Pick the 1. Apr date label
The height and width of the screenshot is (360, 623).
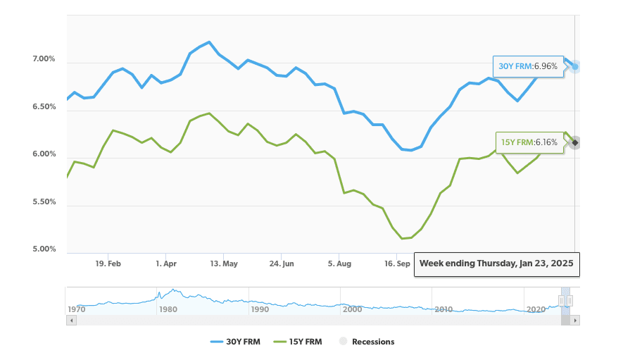coord(165,263)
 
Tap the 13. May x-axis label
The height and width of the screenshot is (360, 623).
coord(223,263)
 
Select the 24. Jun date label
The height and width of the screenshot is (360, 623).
coord(281,263)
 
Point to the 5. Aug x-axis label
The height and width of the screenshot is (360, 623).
coord(339,263)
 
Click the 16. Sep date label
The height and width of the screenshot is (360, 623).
coord(397,263)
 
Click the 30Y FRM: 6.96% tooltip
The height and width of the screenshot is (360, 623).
coord(528,66)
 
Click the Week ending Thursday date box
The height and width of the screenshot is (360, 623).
coord(496,263)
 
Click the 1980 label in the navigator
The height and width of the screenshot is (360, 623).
coord(168,309)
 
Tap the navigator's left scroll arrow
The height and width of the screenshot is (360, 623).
coord(70,321)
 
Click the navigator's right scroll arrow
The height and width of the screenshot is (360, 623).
coord(575,321)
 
